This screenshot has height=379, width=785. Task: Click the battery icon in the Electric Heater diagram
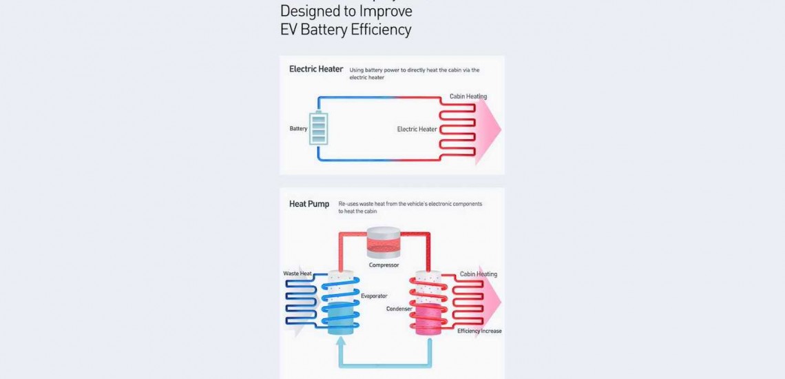coord(319,129)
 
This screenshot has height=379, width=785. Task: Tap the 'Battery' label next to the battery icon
coord(298,129)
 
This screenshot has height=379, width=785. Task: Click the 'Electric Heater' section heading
coord(316,70)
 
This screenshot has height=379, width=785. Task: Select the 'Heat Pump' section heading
coord(309,204)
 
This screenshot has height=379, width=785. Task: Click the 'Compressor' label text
coord(384,265)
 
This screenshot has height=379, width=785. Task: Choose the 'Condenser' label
coord(399,309)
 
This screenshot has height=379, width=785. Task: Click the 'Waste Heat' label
coord(297,274)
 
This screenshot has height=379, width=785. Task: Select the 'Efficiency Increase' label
coord(479,331)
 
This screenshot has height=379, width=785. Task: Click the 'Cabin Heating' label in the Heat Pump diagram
coord(478,274)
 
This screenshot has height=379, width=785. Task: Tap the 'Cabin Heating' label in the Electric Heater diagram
coord(468,96)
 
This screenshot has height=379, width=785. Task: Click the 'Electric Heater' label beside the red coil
coord(417,129)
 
